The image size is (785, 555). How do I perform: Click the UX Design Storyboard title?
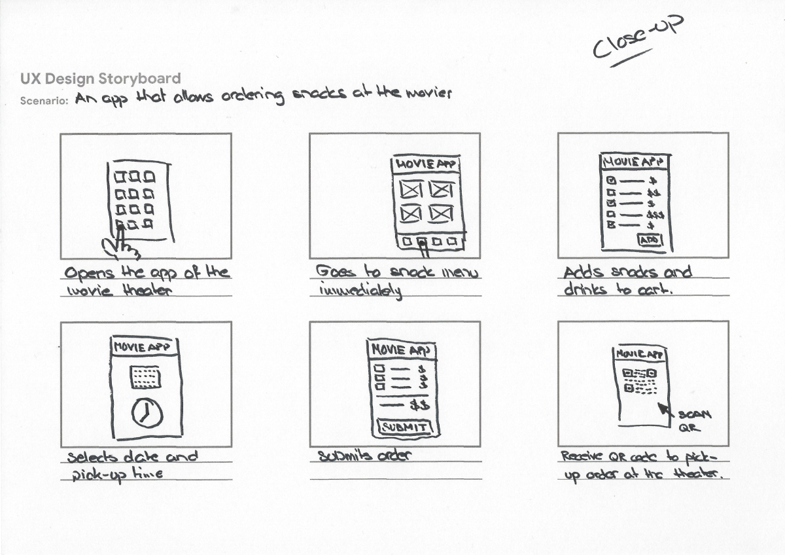pos(100,79)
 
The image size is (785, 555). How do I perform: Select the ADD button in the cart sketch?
pos(650,241)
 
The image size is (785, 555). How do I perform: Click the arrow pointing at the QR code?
pos(666,410)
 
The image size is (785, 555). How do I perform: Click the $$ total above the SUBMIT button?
pos(419,405)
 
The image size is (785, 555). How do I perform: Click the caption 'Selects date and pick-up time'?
pos(131,465)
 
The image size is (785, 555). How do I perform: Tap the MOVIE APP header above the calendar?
pos(145,347)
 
